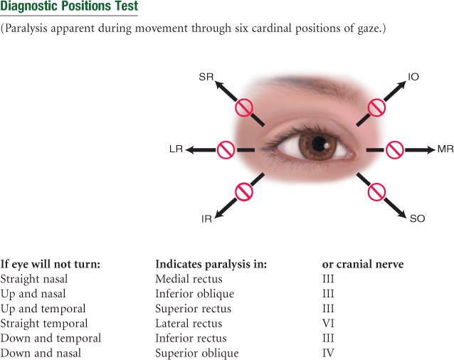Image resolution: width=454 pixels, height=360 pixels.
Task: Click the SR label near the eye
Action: tap(206, 76)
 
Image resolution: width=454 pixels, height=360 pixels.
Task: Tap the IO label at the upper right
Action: tap(413, 76)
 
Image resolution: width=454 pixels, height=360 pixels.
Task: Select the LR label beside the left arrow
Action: tap(176, 149)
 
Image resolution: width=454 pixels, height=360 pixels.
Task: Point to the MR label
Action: tap(445, 149)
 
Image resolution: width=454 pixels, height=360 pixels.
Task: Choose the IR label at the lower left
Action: tap(206, 219)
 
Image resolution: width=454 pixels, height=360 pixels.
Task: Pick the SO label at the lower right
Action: tap(417, 219)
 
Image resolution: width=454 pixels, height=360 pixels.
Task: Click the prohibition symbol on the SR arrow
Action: tap(245, 107)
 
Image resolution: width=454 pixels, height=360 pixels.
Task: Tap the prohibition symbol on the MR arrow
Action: tap(395, 149)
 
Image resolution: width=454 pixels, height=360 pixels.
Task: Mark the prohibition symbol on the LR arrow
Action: tap(226, 149)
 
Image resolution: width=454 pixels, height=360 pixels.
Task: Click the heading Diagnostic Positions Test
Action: tap(69, 8)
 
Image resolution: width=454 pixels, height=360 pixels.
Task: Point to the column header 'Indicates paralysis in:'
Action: tap(211, 264)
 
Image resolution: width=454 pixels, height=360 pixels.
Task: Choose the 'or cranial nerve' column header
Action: tap(363, 264)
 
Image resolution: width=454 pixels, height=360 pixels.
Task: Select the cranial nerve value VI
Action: tap(328, 324)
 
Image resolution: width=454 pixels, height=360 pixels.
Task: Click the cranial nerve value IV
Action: tap(328, 354)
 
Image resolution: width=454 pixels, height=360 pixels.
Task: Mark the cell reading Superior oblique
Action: tap(197, 354)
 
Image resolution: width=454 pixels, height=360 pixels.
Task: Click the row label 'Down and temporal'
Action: tap(51, 339)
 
